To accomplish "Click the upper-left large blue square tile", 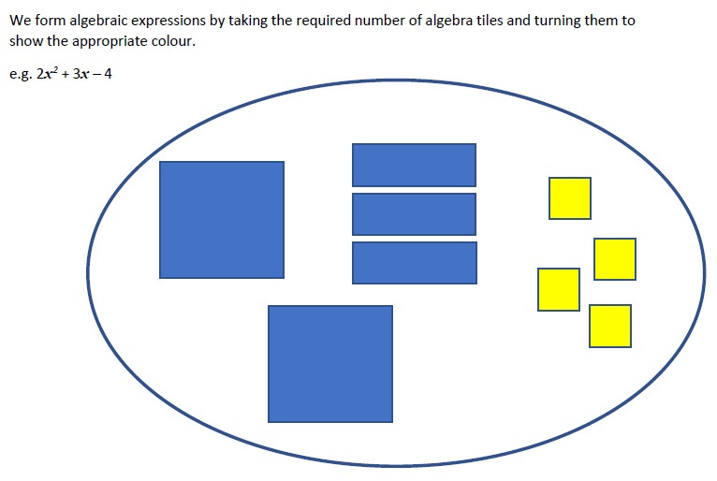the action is (x=221, y=219).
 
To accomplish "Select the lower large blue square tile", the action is (x=329, y=363).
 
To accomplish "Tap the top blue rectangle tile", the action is (x=414, y=165).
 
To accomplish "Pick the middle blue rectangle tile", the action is (x=414, y=213).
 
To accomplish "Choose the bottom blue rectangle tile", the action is (x=414, y=262).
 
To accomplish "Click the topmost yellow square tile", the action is (x=569, y=197).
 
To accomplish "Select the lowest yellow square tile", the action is (x=609, y=326).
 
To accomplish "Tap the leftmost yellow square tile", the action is (x=558, y=289).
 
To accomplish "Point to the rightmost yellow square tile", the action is (x=614, y=258).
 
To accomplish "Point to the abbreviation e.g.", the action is (x=20, y=74).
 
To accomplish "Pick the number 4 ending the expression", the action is (x=109, y=74).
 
